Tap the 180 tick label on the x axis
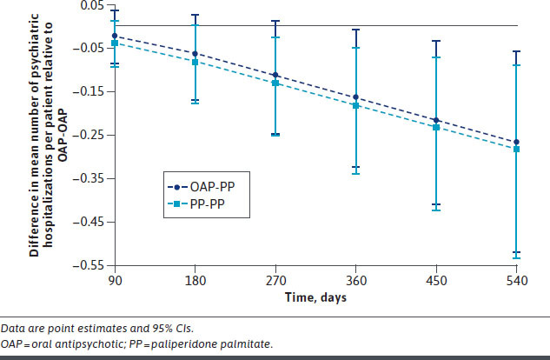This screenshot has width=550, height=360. [195, 280]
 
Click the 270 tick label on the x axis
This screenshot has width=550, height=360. [275, 280]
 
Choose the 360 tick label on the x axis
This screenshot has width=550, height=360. [356, 280]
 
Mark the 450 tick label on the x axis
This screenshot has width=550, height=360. [436, 280]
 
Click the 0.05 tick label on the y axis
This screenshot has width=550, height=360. [90, 5]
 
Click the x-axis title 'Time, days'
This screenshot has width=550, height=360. [315, 297]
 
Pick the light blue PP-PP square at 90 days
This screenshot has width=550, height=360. [115, 43]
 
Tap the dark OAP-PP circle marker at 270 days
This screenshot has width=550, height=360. [275, 76]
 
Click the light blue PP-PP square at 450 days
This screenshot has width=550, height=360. [436, 128]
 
